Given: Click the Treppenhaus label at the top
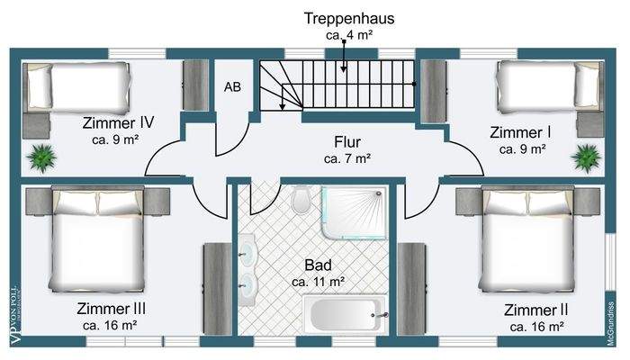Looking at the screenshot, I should tap(349, 18).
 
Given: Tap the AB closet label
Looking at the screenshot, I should tap(232, 87).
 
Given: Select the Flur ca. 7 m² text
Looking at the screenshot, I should tap(347, 149).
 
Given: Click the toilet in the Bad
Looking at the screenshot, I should tap(302, 200).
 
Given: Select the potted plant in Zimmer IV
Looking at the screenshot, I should tap(41, 157).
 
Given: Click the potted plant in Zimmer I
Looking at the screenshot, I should tap(585, 157).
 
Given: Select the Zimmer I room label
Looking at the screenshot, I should tap(521, 132).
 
